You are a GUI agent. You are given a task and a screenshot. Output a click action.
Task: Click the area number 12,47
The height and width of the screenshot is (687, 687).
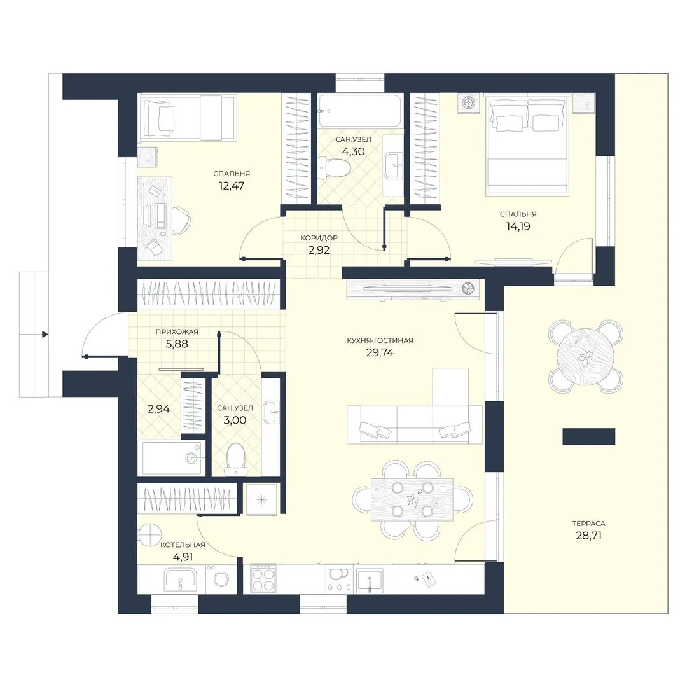232,186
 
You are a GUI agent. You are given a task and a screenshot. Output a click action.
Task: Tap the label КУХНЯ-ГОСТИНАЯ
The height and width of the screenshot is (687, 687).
380,340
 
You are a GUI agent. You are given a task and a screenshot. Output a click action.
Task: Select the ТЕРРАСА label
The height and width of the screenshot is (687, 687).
588,523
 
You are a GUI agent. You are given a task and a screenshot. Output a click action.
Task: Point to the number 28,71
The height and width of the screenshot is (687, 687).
588,536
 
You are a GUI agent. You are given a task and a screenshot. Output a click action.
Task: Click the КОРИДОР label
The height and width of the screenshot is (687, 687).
319,238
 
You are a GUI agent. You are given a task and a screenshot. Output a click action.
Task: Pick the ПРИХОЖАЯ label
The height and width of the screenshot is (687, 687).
177,331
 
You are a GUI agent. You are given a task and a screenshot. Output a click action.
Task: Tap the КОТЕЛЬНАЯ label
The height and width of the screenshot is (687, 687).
183,545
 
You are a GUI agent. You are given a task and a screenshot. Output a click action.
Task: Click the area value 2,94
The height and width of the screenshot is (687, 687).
158,409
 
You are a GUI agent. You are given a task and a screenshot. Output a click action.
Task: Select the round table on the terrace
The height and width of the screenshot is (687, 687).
585,357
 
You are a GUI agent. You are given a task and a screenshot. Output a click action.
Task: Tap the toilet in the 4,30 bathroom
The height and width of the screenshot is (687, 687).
335,168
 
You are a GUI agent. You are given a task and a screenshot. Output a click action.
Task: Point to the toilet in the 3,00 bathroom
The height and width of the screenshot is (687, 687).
236,459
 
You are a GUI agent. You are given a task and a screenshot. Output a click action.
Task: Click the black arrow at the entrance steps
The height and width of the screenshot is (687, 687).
45,335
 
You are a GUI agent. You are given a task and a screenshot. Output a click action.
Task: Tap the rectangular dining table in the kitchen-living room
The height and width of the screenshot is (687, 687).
412,499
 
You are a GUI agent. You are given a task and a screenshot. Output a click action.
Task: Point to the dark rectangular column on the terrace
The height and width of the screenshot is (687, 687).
589,436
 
